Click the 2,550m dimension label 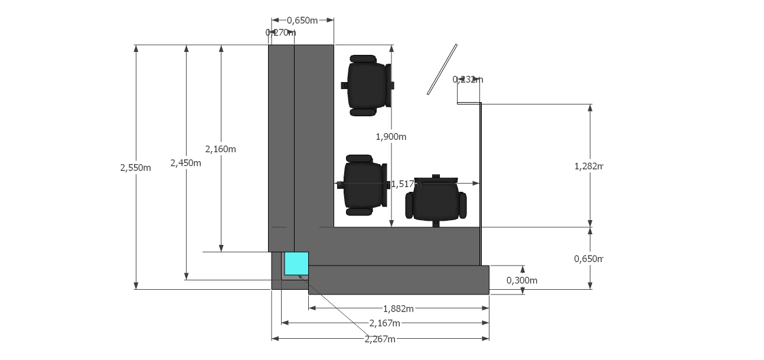135,168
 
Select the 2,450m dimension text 185,163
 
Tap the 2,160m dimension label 220,149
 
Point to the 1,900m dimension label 391,136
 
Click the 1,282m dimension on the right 588,166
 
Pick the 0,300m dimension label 522,280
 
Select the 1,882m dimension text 398,308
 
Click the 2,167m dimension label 384,323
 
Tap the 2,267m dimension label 380,339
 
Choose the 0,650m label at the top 302,21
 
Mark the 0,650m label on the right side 588,258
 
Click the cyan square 296,263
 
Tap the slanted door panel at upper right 443,69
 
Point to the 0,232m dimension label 468,79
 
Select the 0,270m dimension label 280,32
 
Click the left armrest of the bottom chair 409,205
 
